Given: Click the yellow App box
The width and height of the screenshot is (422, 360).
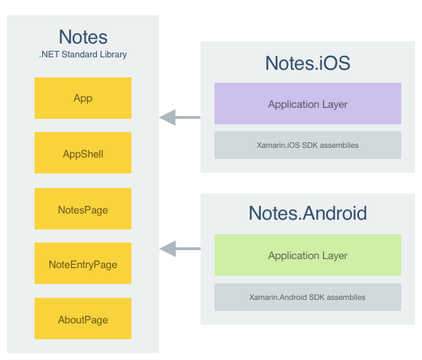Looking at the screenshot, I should coord(83,98).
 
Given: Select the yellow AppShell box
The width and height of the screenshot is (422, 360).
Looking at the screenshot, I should coord(83,153).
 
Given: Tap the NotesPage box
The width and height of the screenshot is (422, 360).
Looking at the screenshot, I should coord(83,209).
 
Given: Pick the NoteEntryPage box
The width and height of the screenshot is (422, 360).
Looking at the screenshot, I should coord(83,264).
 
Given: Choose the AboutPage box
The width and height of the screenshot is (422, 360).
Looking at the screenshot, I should coord(83,319).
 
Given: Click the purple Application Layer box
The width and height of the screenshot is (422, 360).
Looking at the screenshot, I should coord(308,104).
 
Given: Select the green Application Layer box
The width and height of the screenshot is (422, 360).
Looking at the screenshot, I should coord(308,256).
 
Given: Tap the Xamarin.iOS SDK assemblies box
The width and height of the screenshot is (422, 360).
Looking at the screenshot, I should coord(308,145).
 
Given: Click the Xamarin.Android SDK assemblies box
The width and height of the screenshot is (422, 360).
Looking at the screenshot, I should coord(308,297).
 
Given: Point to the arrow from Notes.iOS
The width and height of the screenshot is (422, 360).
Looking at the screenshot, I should coord(180,117).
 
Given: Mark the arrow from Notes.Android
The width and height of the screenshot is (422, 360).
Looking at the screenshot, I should coord(180,248).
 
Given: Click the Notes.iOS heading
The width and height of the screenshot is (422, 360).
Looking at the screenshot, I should coord(308,63).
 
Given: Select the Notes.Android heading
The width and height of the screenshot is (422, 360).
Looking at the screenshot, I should coord(308,213).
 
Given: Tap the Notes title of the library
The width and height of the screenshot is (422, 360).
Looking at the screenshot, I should coord(83,37).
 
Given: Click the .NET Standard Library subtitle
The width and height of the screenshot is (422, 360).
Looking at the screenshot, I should coord(83,54).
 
